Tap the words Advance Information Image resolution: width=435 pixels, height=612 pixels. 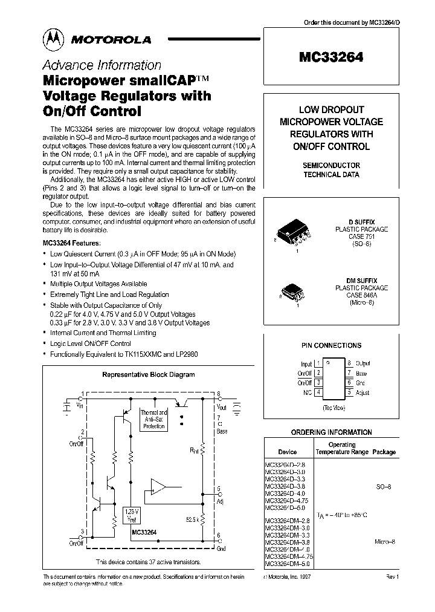(101, 65)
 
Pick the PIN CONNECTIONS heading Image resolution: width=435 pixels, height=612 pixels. (331, 345)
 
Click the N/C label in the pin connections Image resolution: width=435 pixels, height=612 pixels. (306, 392)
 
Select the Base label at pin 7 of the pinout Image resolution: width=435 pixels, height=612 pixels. (361, 373)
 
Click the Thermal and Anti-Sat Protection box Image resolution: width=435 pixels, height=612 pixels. (153, 419)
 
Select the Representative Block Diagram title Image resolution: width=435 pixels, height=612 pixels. (148, 374)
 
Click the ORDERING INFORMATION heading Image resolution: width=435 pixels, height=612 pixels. (331, 432)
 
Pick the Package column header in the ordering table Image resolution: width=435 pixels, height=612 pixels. (384, 452)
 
